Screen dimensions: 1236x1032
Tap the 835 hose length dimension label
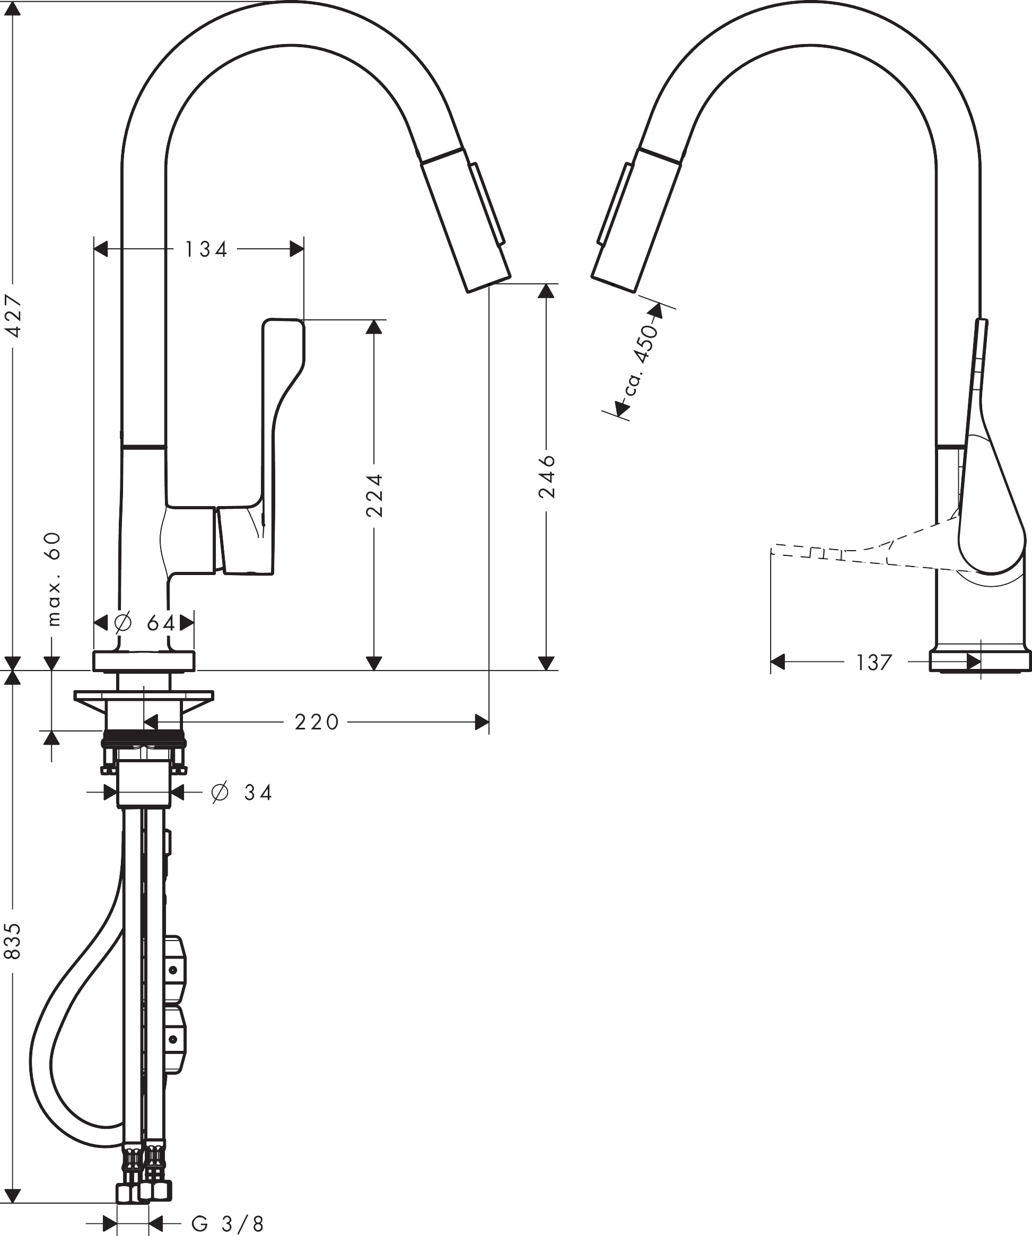click(13, 941)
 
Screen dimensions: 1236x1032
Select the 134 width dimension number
click(206, 249)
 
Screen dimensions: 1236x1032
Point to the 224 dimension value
click(375, 495)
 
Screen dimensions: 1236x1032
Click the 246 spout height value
click(547, 475)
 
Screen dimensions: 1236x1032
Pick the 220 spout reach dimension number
click(317, 722)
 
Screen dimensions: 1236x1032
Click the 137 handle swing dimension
click(874, 663)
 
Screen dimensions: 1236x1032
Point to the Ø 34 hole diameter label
click(241, 793)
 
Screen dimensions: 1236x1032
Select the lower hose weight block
click(176, 1039)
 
